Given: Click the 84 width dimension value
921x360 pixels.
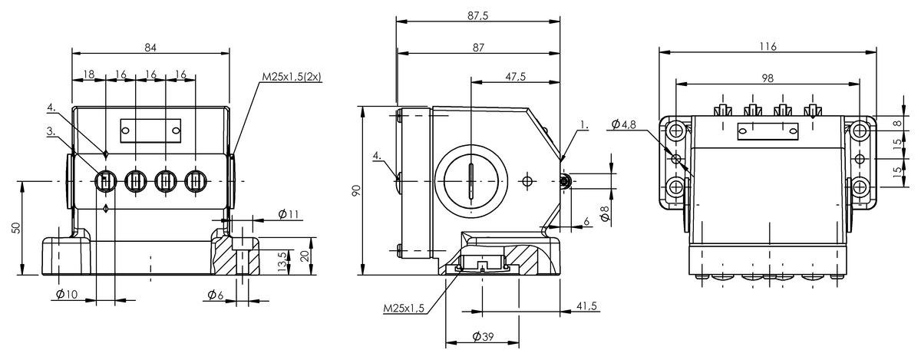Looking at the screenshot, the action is pyautogui.click(x=150, y=48).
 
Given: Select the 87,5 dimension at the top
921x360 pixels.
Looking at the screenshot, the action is pyautogui.click(x=478, y=16).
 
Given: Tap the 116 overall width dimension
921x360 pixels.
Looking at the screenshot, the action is pyautogui.click(x=767, y=47).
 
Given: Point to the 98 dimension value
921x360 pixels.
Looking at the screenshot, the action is pyautogui.click(x=767, y=78).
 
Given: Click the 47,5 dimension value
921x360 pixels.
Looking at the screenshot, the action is pyautogui.click(x=516, y=77).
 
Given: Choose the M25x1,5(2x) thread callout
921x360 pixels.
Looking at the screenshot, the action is pyautogui.click(x=292, y=77).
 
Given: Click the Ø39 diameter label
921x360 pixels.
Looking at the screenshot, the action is pyautogui.click(x=483, y=337).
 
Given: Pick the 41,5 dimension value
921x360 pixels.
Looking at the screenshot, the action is pyautogui.click(x=586, y=306).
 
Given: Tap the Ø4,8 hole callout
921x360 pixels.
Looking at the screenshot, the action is pyautogui.click(x=624, y=124).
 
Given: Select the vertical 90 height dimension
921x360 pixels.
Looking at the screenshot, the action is pyautogui.click(x=356, y=190).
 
